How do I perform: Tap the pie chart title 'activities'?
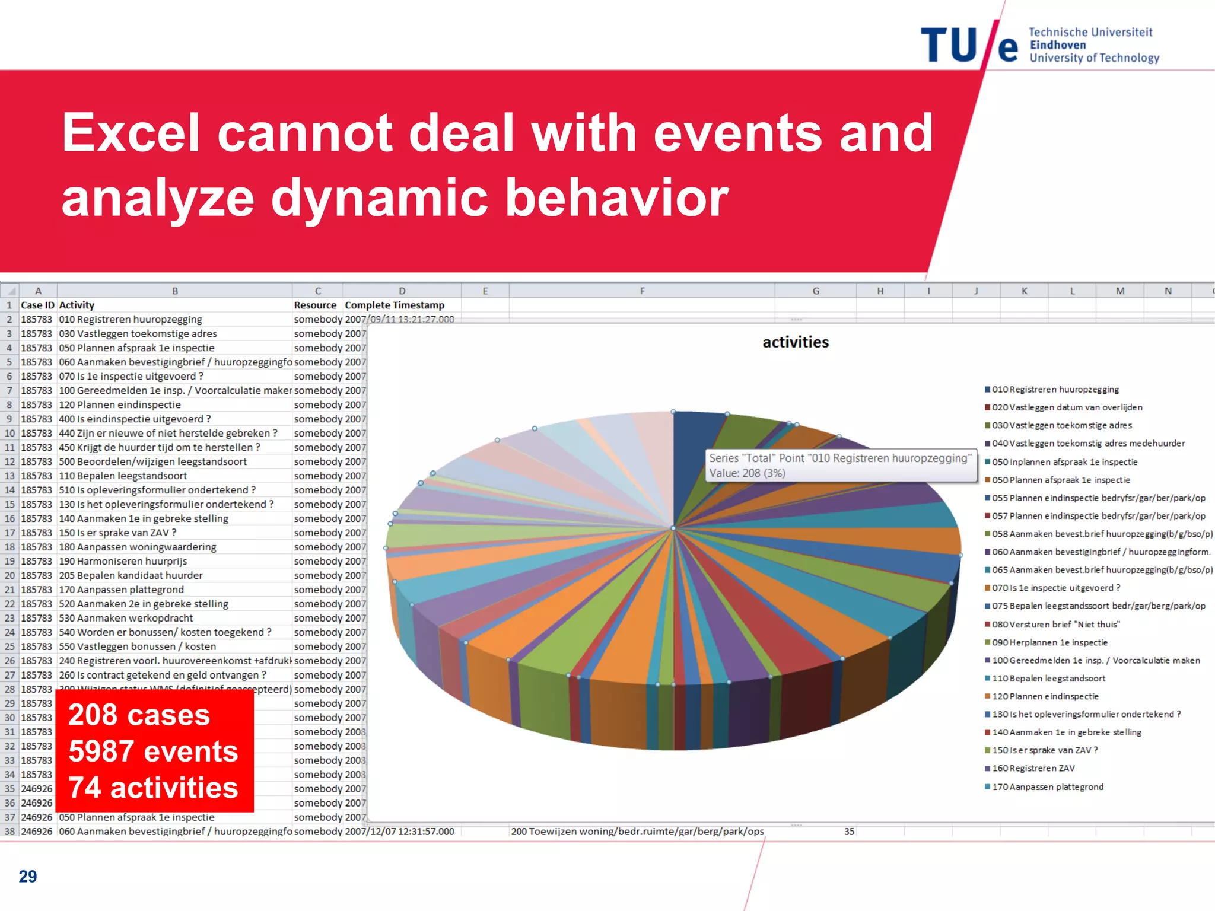(x=796, y=342)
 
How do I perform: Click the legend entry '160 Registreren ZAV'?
(x=1033, y=768)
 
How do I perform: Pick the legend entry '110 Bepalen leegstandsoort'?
(x=1048, y=678)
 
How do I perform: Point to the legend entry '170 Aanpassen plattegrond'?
(x=1047, y=786)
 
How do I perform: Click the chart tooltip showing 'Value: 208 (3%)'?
(x=841, y=466)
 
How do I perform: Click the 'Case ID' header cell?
(x=37, y=305)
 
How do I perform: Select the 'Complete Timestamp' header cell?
(x=395, y=305)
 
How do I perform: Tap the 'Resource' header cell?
(x=315, y=305)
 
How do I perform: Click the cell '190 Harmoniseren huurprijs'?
(x=123, y=561)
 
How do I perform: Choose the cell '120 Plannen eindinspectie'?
(x=120, y=404)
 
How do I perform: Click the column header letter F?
(x=642, y=291)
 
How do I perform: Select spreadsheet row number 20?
(x=9, y=575)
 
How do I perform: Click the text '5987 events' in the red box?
(x=153, y=751)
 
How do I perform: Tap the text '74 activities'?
(x=153, y=788)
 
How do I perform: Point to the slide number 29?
(x=28, y=876)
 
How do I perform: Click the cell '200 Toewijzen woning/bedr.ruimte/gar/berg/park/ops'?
(x=637, y=832)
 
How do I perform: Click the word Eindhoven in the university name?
(x=1058, y=45)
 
